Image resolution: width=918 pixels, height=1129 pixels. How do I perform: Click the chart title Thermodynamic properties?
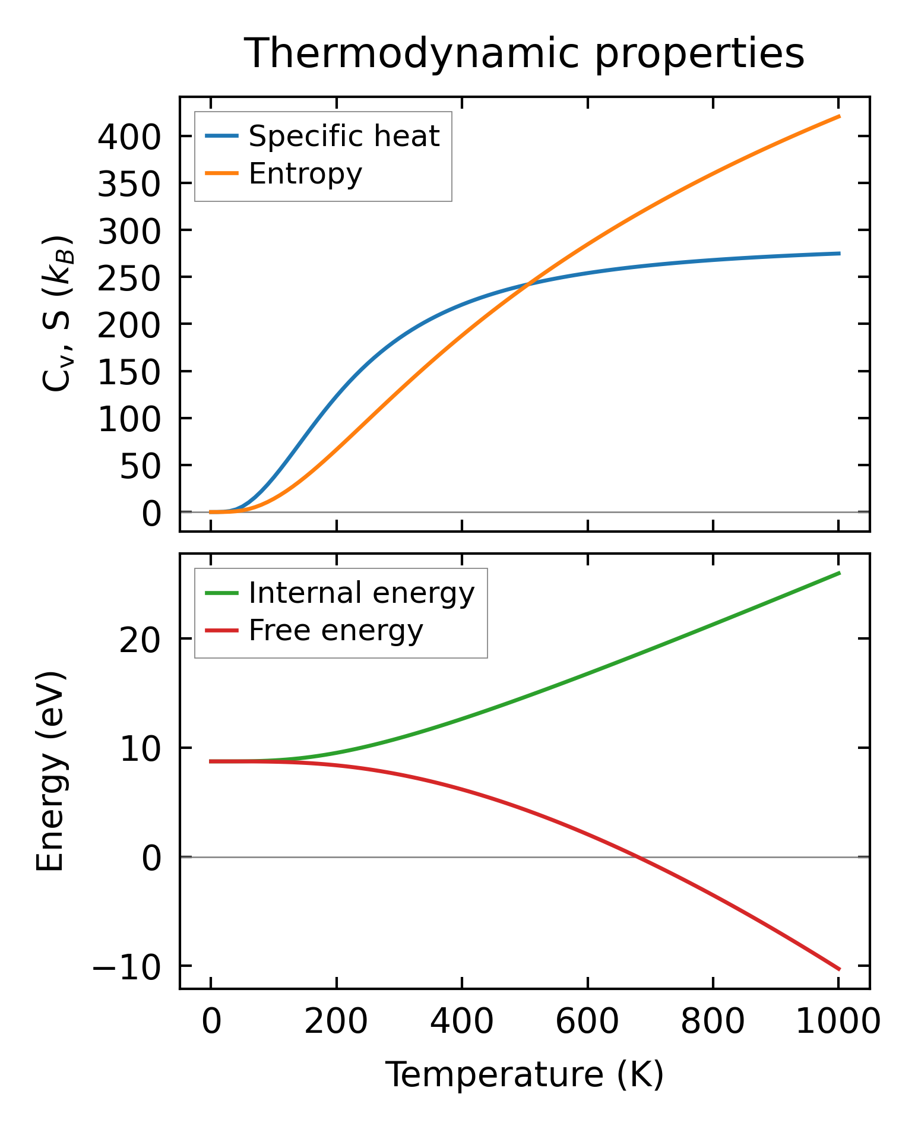524,54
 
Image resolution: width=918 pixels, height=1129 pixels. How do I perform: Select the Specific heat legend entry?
343,137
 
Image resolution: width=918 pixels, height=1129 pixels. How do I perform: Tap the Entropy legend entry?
305,174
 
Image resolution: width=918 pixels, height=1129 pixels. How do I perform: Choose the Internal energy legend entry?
361,593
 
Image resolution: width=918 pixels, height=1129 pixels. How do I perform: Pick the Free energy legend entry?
335,631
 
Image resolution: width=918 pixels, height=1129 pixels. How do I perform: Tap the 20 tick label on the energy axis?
140,640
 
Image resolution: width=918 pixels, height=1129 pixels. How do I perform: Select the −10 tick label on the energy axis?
126,967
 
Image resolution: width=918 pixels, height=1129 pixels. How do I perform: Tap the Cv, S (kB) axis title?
58,314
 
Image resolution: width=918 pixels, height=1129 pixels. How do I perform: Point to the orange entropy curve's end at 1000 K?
839,116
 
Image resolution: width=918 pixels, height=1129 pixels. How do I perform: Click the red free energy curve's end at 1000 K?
839,969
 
